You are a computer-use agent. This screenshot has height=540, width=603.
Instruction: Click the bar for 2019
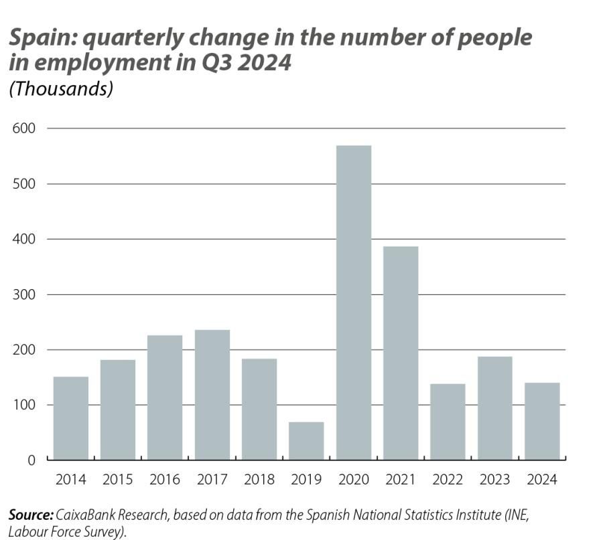pyautogui.click(x=306, y=441)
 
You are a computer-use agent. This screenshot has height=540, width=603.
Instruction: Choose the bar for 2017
pyautogui.click(x=212, y=395)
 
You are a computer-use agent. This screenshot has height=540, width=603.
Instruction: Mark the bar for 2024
pyautogui.click(x=542, y=421)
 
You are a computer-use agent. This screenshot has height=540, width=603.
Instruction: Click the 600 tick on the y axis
pyautogui.click(x=23, y=128)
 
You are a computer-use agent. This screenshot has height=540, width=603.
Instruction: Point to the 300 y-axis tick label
pyautogui.click(x=23, y=294)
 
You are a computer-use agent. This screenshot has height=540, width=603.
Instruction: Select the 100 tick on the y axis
pyautogui.click(x=23, y=405)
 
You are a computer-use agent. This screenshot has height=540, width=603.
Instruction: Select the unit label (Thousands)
pyautogui.click(x=60, y=88)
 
